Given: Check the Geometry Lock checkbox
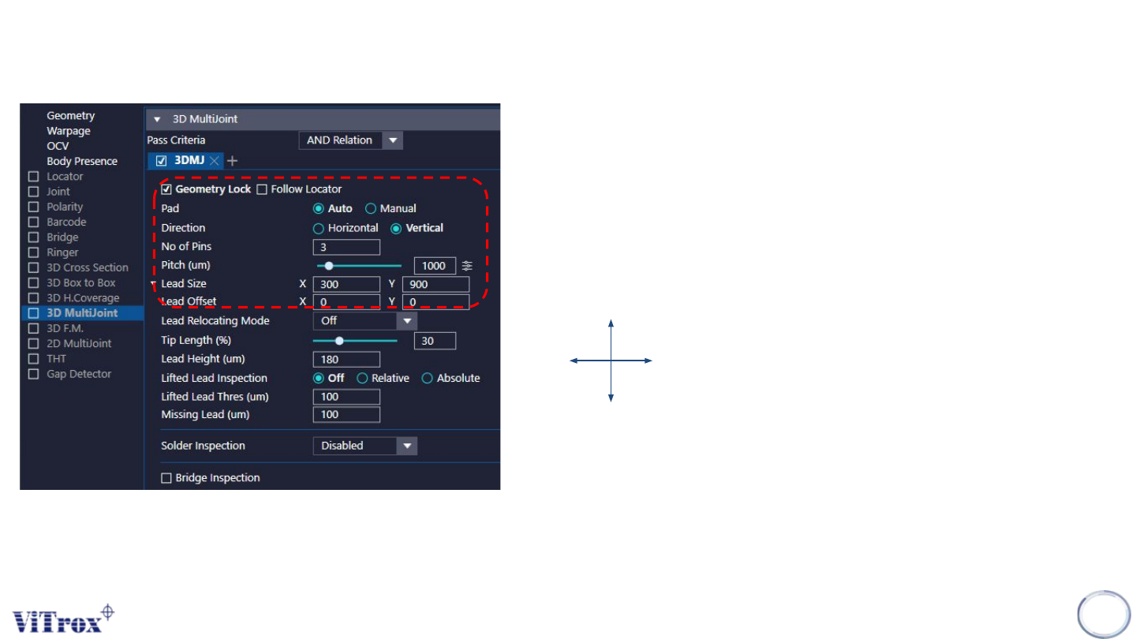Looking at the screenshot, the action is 166,189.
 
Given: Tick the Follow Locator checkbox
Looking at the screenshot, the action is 263,189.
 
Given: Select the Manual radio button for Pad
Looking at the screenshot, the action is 371,208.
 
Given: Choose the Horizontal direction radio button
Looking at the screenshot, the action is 319,228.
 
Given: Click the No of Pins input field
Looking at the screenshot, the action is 346,247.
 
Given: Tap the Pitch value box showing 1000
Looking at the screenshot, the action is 435,266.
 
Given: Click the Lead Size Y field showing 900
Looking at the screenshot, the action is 435,284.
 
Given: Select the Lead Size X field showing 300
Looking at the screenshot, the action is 346,284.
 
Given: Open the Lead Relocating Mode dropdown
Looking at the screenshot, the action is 406,321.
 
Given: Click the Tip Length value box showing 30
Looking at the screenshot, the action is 435,341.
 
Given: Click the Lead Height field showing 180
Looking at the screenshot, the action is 346,360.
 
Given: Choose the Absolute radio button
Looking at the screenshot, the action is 428,378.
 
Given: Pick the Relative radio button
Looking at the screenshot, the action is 363,378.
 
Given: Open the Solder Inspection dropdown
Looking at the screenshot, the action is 406,446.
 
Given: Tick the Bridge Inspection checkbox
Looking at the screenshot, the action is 166,478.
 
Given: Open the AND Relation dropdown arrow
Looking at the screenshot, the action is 392,140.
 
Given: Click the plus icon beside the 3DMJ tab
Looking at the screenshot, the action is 232,161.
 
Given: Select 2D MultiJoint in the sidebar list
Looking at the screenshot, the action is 79,343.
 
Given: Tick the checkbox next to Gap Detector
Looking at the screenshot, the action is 33,374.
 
